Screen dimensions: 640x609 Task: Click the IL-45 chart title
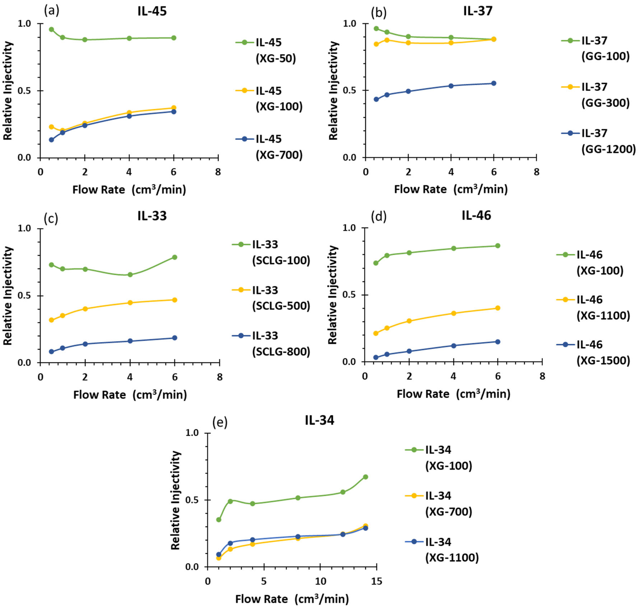click(x=152, y=11)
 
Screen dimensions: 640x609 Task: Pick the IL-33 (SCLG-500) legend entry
click(x=271, y=298)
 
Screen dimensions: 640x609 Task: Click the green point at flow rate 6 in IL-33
click(x=175, y=257)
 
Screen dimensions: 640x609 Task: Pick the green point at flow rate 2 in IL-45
click(x=85, y=40)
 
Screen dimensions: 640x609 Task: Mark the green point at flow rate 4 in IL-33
click(x=130, y=275)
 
